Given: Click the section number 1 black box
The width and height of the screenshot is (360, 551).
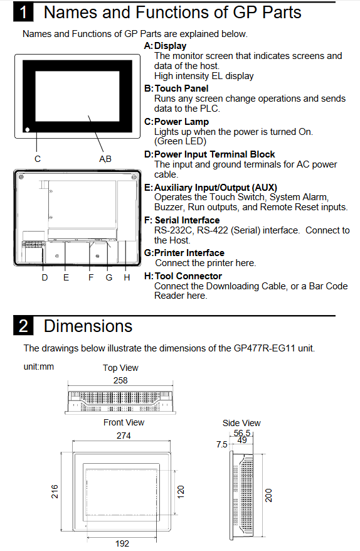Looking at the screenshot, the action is (23, 13).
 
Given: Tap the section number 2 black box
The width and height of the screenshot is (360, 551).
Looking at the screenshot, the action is (23, 326).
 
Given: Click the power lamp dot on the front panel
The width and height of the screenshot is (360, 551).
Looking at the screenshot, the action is (28, 129).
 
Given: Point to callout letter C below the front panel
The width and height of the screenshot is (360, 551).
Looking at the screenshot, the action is (38, 159).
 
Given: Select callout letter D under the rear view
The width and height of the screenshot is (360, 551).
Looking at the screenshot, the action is (45, 277).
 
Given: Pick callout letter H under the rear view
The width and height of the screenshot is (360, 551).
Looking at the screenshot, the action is (127, 277).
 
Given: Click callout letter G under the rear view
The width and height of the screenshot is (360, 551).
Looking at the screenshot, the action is (109, 277).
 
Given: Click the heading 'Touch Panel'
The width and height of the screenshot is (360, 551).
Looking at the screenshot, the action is (182, 88).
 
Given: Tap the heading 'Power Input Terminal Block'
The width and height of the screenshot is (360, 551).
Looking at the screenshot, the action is (214, 154).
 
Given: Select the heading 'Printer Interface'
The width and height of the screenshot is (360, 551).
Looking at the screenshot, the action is (189, 253).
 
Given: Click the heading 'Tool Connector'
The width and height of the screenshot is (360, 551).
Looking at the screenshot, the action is (188, 276).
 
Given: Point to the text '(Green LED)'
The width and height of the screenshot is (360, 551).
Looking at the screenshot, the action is (180, 141).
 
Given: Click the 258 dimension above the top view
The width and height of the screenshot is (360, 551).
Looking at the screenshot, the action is (120, 380).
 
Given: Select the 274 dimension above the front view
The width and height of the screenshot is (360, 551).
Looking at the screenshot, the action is (124, 436).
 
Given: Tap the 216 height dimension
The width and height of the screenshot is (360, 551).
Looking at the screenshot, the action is (55, 491).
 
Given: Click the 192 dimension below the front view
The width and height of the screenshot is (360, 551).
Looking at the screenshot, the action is (122, 543).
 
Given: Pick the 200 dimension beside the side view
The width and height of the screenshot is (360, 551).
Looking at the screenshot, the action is (268, 495).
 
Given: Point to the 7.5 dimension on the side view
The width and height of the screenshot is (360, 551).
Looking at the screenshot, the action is (221, 444).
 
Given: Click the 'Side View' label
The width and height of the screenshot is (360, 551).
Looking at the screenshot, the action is (241, 423).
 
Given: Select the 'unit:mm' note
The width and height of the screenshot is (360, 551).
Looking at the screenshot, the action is (39, 367).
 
